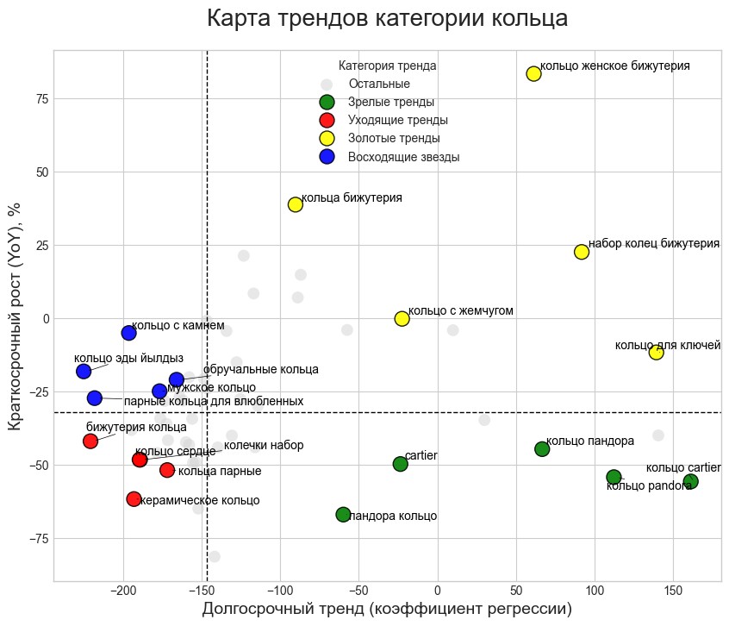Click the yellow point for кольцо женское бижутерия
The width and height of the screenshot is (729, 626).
coord(533,73)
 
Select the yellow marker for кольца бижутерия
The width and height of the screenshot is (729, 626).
coord(296,204)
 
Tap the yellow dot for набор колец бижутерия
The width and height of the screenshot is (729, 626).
coord(582,252)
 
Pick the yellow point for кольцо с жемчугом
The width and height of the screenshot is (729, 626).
coord(402,318)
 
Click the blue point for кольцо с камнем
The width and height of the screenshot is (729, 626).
coord(129,333)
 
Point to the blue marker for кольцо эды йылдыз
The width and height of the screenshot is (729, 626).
coord(84,372)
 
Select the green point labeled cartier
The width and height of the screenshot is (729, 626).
coord(400,464)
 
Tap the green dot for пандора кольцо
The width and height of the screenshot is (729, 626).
coord(343,515)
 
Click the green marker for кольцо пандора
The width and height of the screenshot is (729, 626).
coord(542,448)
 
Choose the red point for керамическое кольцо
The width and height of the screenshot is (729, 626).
coord(134,499)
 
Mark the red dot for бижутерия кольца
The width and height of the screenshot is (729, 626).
coord(90,441)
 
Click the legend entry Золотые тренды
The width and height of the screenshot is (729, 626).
coord(394,138)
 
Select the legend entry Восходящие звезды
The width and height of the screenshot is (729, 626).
coord(403,157)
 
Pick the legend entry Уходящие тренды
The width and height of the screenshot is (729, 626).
coord(397,120)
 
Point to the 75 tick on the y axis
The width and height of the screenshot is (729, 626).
coord(41,98)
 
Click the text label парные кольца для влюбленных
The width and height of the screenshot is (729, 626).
coord(214,402)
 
